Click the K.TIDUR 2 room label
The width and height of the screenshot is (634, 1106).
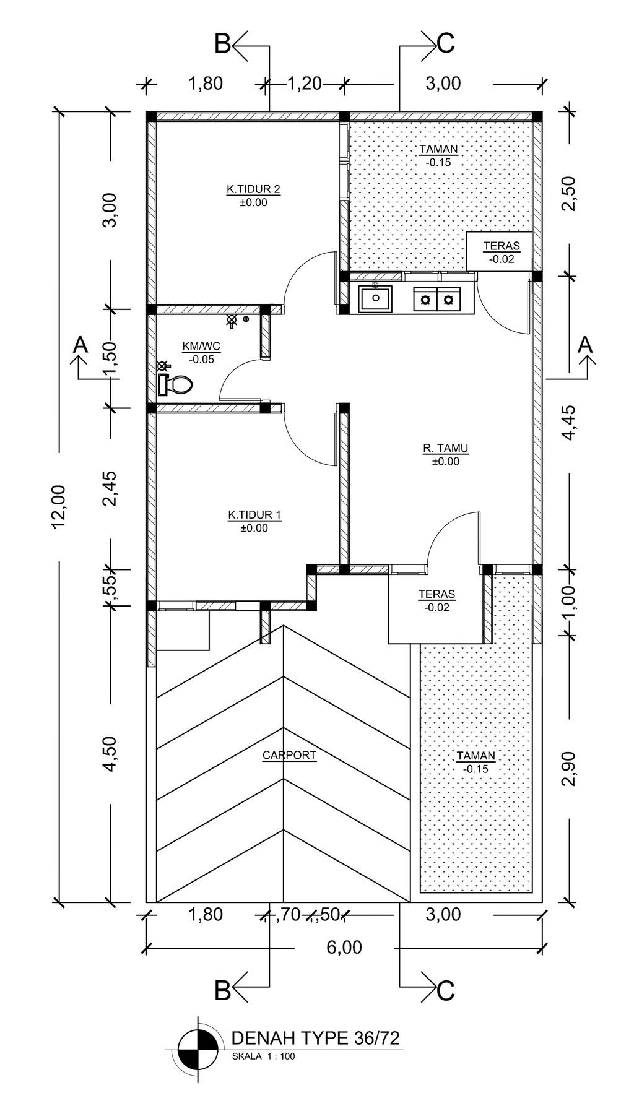click(253, 189)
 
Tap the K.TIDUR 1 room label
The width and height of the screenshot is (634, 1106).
click(254, 515)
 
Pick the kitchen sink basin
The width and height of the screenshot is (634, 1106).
click(375, 300)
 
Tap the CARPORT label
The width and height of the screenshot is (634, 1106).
click(289, 755)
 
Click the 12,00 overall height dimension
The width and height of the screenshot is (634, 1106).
click(59, 506)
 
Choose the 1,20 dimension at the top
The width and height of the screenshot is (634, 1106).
click(305, 83)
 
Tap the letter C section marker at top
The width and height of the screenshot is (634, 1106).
click(446, 43)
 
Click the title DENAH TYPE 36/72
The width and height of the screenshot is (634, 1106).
click(315, 1038)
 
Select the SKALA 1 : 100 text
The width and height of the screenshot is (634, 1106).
click(263, 1056)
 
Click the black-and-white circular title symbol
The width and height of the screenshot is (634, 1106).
click(198, 1050)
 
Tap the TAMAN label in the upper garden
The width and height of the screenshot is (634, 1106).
click(438, 149)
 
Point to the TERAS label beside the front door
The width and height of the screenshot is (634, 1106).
click(437, 594)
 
